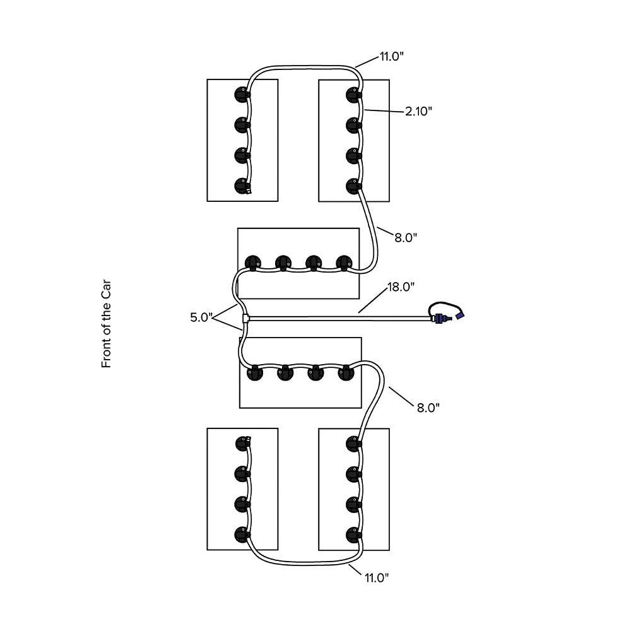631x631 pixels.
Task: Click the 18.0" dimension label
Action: (x=401, y=287)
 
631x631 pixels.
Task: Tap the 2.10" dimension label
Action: (x=418, y=111)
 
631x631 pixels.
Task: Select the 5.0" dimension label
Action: (x=203, y=317)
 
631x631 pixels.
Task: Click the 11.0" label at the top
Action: (x=391, y=57)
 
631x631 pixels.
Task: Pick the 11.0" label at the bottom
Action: (x=376, y=577)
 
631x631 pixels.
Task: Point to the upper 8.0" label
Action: (x=406, y=237)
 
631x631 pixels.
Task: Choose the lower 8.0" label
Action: (x=428, y=407)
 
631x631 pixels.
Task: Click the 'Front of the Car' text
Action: (x=106, y=325)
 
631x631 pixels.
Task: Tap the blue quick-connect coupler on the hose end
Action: (x=459, y=314)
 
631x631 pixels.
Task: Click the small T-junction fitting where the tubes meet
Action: (x=245, y=319)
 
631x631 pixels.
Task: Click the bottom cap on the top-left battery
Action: (x=241, y=186)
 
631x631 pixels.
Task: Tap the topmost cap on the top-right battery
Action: (x=353, y=95)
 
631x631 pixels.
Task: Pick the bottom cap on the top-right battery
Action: (x=353, y=186)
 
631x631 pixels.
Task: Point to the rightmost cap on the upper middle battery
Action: (x=344, y=262)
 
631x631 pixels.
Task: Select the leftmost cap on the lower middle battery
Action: (x=254, y=373)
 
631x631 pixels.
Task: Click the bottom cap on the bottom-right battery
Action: (x=353, y=536)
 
